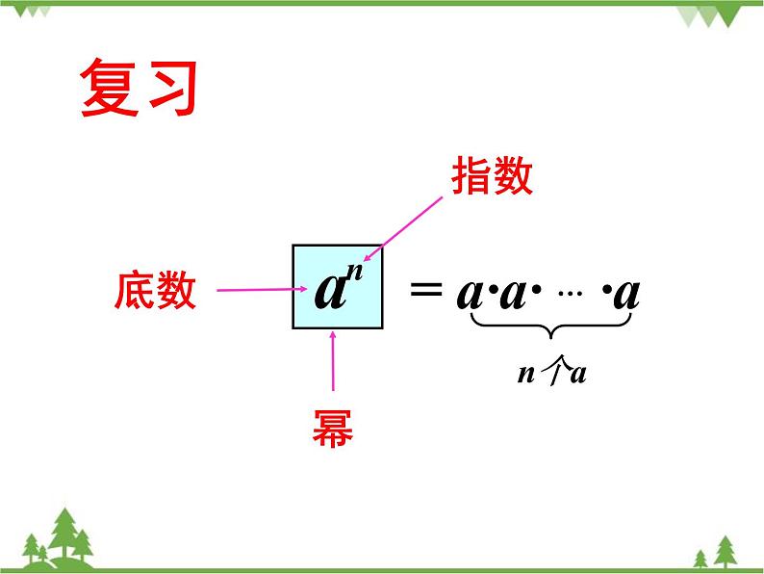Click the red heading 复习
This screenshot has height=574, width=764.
[x=139, y=90]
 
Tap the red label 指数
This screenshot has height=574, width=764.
[x=492, y=177]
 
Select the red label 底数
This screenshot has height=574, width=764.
[x=156, y=290]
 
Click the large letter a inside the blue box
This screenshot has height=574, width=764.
[x=330, y=291]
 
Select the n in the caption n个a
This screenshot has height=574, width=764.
[x=525, y=375]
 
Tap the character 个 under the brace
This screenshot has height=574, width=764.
[x=550, y=374]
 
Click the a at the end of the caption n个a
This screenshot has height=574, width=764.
[x=577, y=375]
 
